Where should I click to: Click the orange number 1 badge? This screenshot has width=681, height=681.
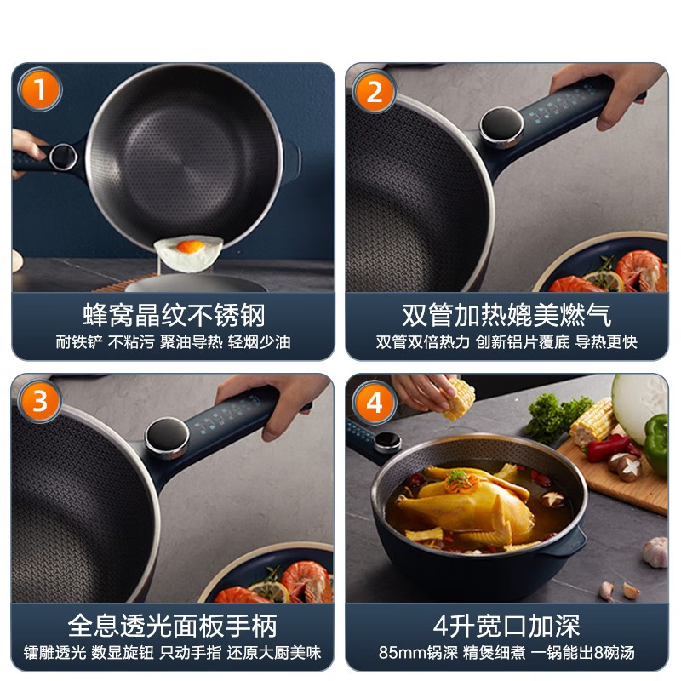point(39,89)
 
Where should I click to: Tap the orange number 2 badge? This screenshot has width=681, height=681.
point(375,90)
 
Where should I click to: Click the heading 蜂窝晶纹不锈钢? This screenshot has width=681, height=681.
point(174,315)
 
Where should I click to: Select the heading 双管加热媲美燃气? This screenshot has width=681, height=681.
point(506,315)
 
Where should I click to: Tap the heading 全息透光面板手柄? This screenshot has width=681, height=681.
point(174,627)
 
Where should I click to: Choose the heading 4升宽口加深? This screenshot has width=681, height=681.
point(506,627)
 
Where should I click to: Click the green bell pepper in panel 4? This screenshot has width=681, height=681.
point(655,443)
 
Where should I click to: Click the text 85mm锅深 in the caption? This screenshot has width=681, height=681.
point(415,654)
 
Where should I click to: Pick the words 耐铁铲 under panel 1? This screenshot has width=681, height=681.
point(74,341)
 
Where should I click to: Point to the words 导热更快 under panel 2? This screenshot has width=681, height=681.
point(606,341)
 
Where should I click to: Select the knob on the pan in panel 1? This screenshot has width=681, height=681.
point(62,156)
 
